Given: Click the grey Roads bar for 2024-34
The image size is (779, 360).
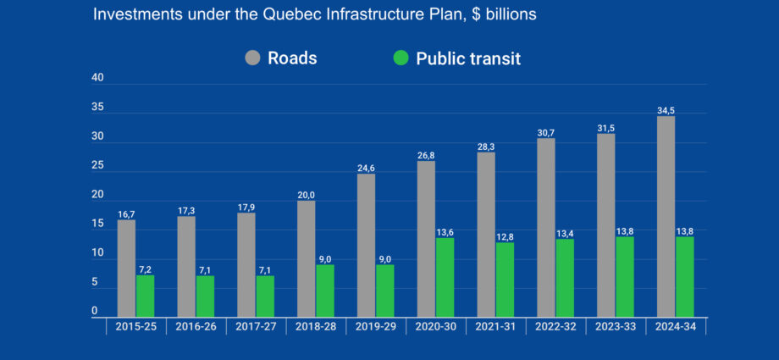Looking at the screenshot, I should point(666,215).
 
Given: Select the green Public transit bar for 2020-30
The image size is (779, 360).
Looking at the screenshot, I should point(445,276).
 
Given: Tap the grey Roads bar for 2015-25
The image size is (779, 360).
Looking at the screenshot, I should point(126,267).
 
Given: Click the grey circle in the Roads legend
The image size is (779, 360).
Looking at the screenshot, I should point(253,58).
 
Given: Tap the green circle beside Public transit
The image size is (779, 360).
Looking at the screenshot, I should point(401,58).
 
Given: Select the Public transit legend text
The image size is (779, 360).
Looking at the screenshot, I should point(467,58).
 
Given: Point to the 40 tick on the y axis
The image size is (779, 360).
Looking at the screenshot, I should point(98,78).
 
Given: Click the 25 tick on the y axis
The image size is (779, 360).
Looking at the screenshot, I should point(98,166).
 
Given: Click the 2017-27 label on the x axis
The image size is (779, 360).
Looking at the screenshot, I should point(255,327).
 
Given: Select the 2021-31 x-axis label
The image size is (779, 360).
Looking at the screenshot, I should point(495,327).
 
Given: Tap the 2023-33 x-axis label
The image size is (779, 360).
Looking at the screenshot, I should point(615,327).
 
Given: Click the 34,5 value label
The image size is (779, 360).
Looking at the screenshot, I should point(666,109).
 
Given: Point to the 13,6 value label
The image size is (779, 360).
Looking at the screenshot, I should point(445,231).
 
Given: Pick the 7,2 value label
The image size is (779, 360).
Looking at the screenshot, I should point(145,269).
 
